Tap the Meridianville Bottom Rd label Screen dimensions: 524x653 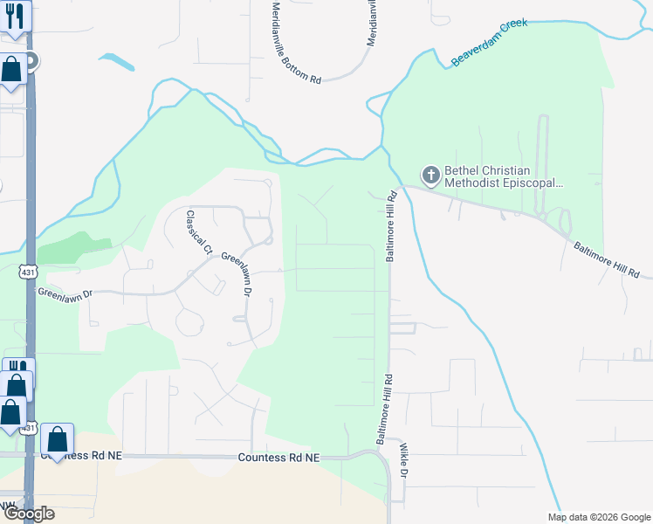pyautogui.click(x=296, y=41)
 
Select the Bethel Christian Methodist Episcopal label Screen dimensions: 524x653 pyautogui.click(x=503, y=177)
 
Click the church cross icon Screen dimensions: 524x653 pyautogui.click(x=430, y=176)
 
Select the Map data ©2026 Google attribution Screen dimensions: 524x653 pyautogui.click(x=598, y=517)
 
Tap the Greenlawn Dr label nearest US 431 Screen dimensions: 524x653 pyautogui.click(x=64, y=294)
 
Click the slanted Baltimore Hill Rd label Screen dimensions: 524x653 pyautogui.click(x=606, y=259)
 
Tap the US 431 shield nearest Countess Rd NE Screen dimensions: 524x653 pyautogui.click(x=29, y=428)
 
